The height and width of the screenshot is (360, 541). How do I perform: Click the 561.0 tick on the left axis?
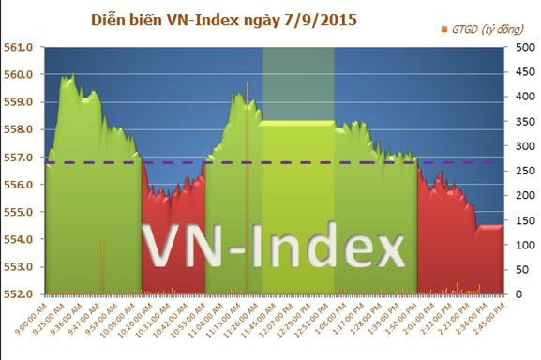coord(22,46)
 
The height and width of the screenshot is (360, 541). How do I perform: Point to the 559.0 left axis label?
coord(22,101)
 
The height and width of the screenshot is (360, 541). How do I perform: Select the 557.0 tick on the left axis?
coord(22,157)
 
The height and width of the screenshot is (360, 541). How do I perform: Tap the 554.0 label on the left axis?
coord(22,239)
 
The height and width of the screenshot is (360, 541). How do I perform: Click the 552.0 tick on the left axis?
coord(22,294)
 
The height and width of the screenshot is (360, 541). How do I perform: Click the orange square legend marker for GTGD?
coord(443,30)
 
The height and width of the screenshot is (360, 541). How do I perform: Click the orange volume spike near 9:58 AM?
coord(103,267)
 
